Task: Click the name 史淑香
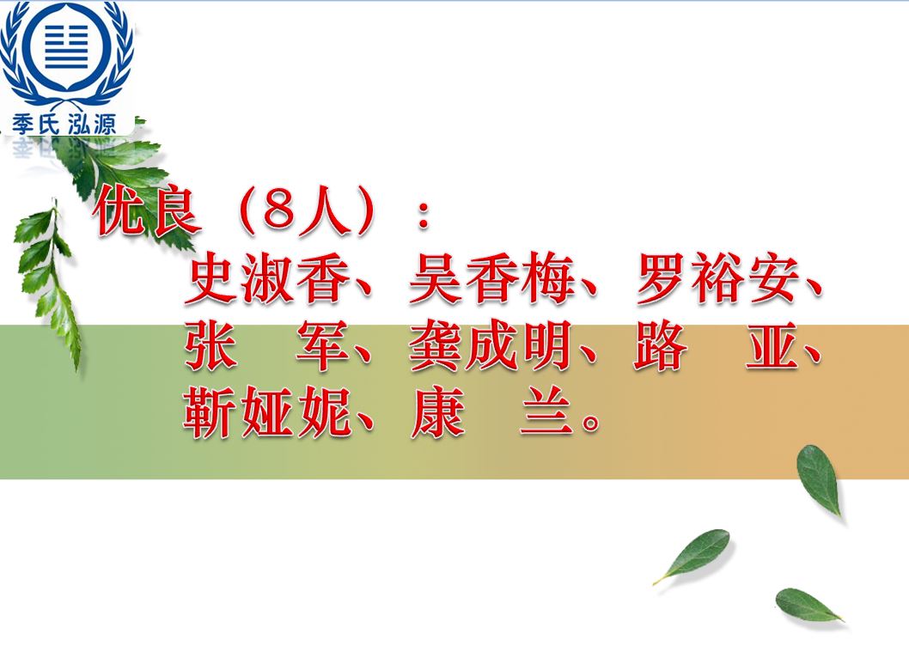(267, 279)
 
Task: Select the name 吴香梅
(491, 279)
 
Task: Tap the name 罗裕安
(717, 279)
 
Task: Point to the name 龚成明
(491, 346)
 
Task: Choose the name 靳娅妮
(267, 411)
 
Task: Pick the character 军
(323, 346)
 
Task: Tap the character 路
(661, 346)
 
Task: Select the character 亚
(772, 346)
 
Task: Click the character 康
(437, 411)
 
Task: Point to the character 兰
(546, 411)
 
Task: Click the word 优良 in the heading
(147, 211)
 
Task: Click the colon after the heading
(424, 215)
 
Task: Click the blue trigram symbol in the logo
(67, 47)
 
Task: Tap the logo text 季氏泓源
(64, 124)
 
